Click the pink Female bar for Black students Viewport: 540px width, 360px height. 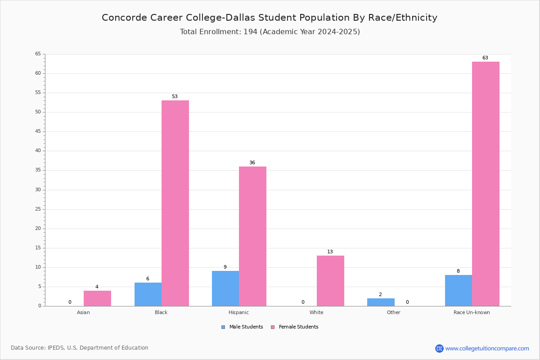point(175,203)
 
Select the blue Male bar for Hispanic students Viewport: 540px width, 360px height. point(225,288)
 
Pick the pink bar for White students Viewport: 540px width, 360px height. point(330,281)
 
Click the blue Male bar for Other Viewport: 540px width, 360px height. point(381,302)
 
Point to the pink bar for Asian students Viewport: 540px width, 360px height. point(97,298)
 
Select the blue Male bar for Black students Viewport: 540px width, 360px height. point(148,294)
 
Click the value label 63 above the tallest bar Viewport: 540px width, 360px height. point(485,58)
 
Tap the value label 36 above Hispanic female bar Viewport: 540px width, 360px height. point(252,163)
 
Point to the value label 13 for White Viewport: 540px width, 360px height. point(330,252)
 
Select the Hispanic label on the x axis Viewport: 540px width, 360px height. point(238,312)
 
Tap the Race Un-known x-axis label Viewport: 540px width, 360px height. point(472,312)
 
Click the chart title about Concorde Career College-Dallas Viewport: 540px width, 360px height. point(270,18)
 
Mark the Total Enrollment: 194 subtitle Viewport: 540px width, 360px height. point(270,32)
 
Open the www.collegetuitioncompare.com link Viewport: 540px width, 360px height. point(487,348)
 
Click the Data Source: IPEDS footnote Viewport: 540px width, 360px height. point(80,348)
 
